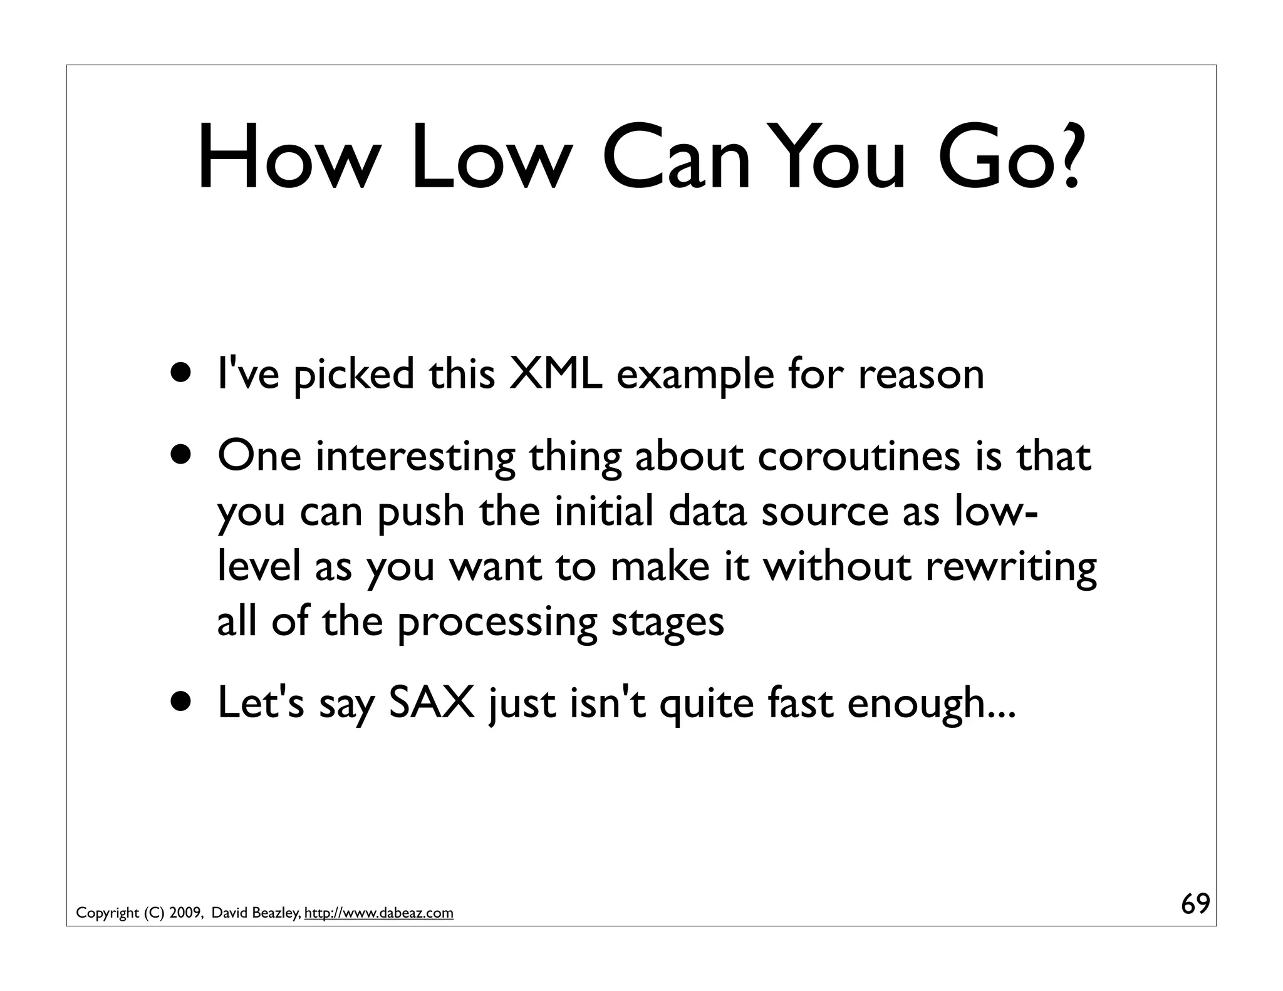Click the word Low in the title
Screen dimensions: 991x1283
click(x=488, y=158)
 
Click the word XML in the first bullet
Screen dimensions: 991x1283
click(x=556, y=374)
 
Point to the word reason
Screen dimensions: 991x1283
click(x=920, y=375)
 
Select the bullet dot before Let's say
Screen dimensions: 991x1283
click(x=182, y=702)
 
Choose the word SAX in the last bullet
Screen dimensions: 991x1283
click(x=432, y=703)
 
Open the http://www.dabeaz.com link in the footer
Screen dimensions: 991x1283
click(x=378, y=913)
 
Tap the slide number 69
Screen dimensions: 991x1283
click(x=1195, y=905)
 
